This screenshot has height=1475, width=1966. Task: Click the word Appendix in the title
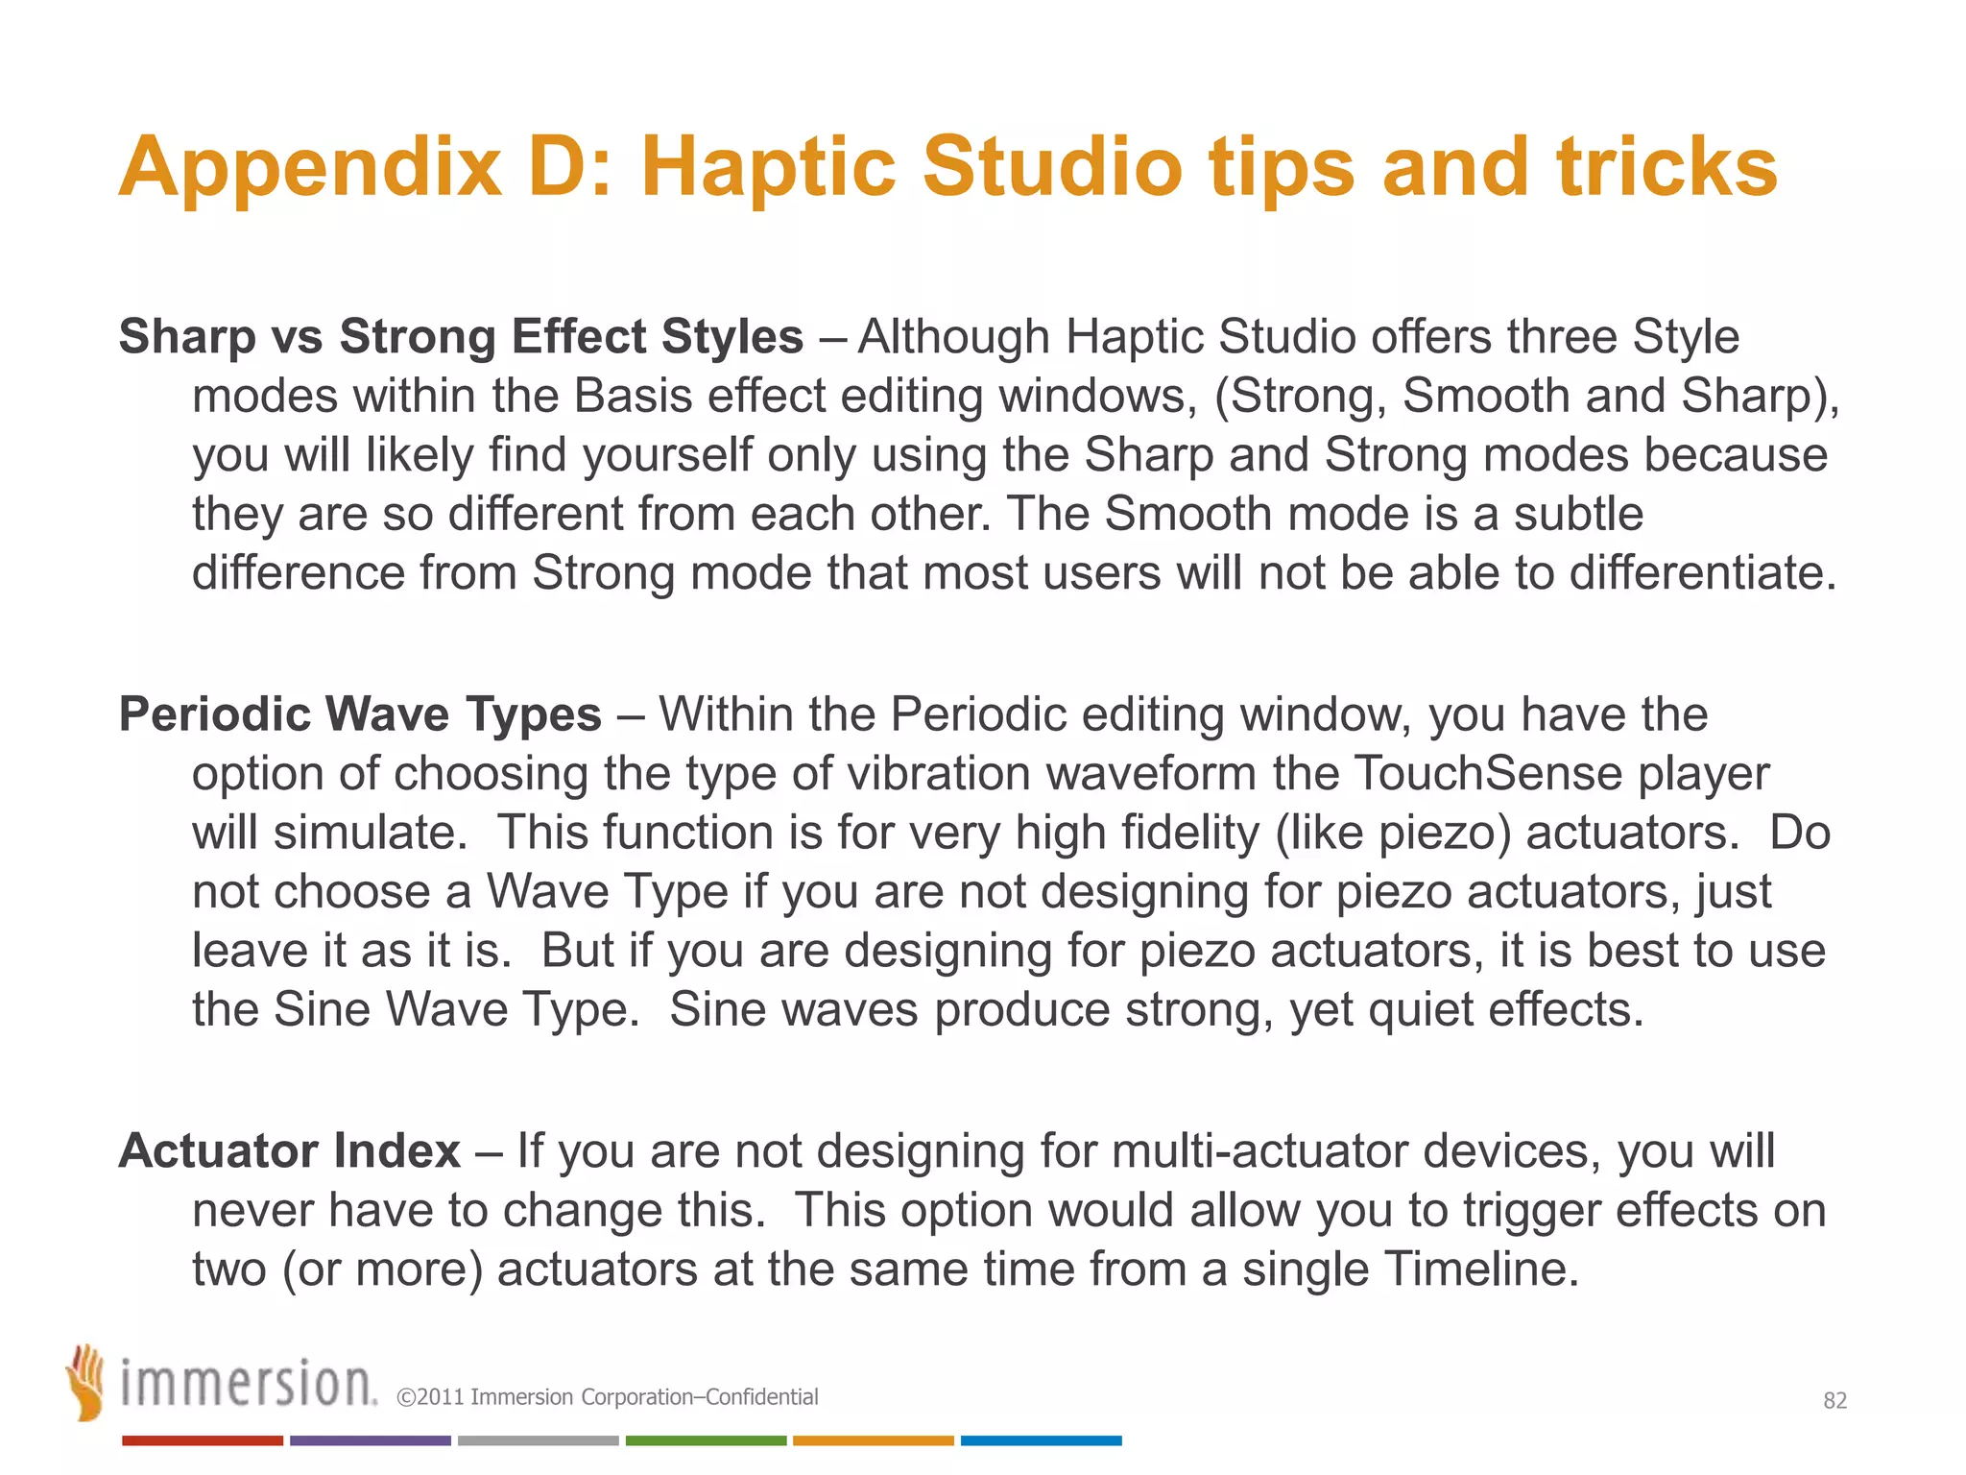pos(309,168)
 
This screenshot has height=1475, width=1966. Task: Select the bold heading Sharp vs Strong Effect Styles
pos(461,337)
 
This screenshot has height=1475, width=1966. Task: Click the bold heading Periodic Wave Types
pos(360,714)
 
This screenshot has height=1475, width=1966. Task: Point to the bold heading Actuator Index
pos(289,1150)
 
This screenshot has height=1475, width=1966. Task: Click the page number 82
pos(1834,1401)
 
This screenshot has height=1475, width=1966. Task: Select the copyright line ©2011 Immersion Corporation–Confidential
pos(607,1397)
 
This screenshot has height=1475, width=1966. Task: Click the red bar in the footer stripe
pos(203,1440)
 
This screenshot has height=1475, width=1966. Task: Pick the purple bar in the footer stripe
pos(371,1440)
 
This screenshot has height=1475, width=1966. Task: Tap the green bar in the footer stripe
pos(706,1440)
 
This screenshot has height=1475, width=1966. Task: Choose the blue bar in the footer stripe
pos(1041,1440)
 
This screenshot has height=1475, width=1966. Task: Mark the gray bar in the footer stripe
pos(538,1440)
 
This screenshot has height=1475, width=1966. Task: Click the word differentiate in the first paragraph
pos(1702,573)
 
